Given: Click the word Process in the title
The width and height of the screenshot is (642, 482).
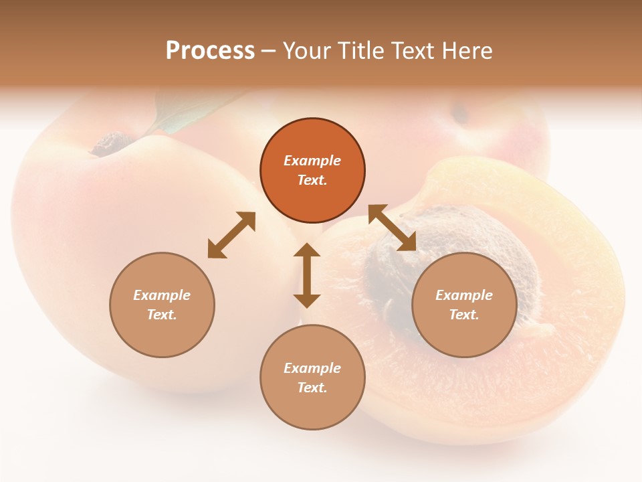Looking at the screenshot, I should point(210,51).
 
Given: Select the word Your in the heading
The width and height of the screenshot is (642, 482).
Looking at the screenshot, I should point(306,51).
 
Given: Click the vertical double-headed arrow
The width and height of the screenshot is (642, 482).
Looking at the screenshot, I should point(307,275).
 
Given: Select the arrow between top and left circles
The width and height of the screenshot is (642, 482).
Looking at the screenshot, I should point(231,235).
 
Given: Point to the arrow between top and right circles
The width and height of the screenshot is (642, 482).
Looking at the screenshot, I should point(393,228).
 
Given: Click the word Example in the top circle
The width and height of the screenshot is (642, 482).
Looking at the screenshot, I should point(312,161).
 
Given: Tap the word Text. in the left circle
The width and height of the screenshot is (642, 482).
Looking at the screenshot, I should point(162,315).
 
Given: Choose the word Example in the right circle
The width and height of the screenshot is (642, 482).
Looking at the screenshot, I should point(464,295).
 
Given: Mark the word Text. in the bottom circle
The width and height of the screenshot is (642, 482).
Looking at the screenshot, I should point(312,388).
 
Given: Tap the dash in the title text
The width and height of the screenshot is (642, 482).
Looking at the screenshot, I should point(269,51).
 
